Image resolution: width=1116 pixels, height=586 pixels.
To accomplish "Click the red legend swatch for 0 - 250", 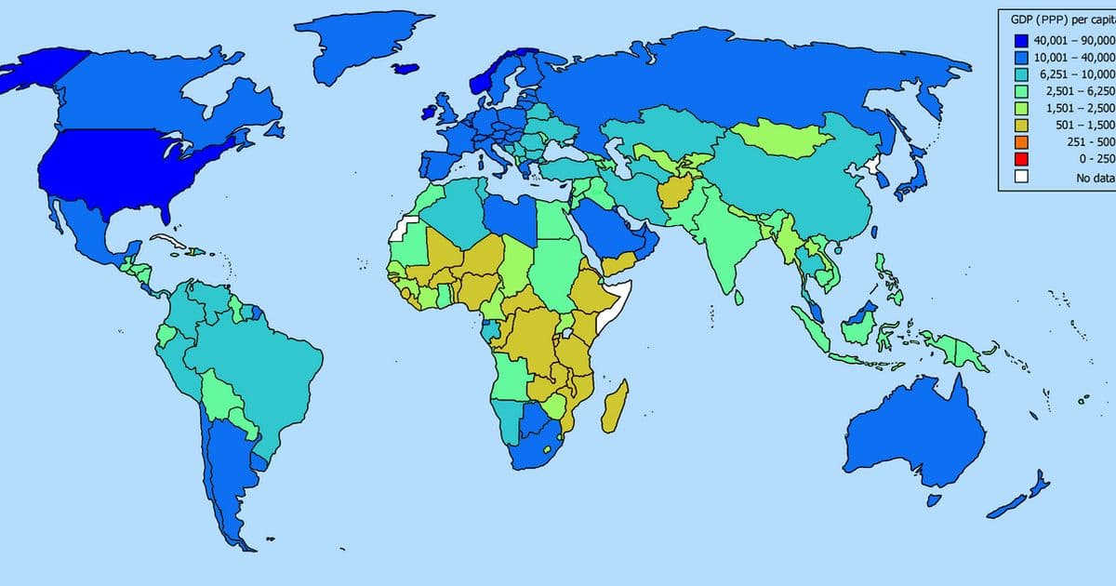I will (x=1021, y=159).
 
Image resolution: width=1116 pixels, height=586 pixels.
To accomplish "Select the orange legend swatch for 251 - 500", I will (x=1021, y=141).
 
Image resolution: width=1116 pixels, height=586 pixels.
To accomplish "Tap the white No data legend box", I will (x=1021, y=177).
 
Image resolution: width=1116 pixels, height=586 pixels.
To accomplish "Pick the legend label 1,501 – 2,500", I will (x=1079, y=108).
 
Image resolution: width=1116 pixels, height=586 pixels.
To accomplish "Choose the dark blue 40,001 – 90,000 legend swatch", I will (x=1021, y=41).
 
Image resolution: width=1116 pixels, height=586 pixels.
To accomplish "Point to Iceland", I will (x=406, y=69).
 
